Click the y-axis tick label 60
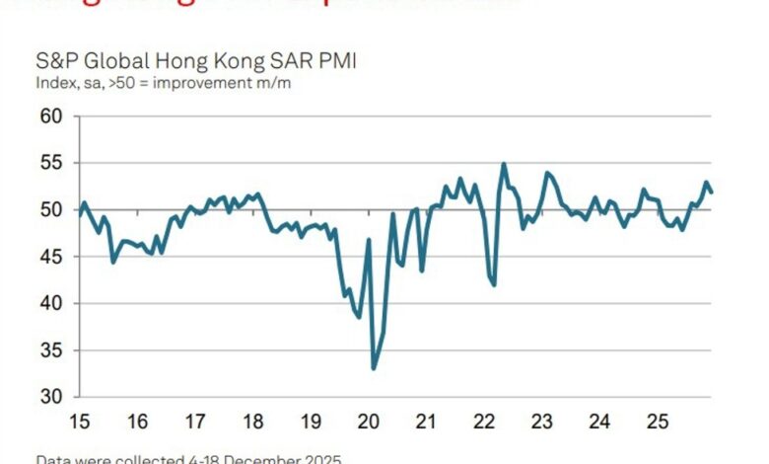pyautogui.click(x=51, y=116)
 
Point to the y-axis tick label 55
pyautogui.click(x=51, y=163)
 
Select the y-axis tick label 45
pyautogui.click(x=51, y=257)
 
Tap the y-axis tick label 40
pyautogui.click(x=51, y=303)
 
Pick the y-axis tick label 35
pyautogui.click(x=51, y=349)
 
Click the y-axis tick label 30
pyautogui.click(x=51, y=397)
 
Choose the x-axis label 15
pyautogui.click(x=80, y=422)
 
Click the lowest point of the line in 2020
pyautogui.click(x=374, y=368)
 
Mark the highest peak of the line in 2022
pyautogui.click(x=504, y=164)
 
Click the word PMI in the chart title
pyautogui.click(x=335, y=61)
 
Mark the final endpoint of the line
pyautogui.click(x=712, y=192)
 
